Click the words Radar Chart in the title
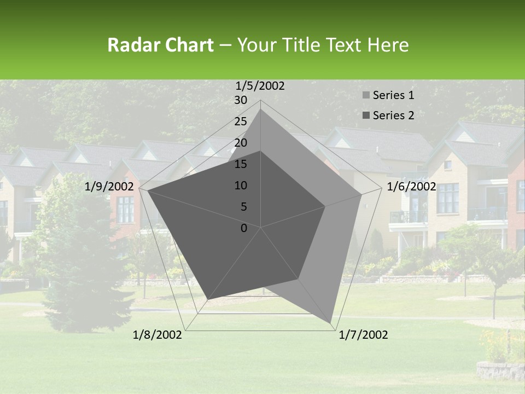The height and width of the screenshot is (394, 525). pyautogui.click(x=160, y=45)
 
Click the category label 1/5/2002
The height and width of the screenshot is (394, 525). pyautogui.click(x=260, y=85)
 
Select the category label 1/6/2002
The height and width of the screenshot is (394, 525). pyautogui.click(x=411, y=187)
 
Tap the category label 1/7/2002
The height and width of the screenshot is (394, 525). pyautogui.click(x=363, y=335)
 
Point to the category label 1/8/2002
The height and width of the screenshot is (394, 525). pyautogui.click(x=157, y=335)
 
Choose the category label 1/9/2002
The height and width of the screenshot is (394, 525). pyautogui.click(x=109, y=187)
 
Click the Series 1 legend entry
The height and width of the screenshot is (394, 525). pyautogui.click(x=393, y=95)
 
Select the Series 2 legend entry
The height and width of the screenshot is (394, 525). pyautogui.click(x=393, y=115)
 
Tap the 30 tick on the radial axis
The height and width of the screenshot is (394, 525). pyautogui.click(x=241, y=100)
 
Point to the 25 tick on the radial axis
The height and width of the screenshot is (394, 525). pyautogui.click(x=241, y=121)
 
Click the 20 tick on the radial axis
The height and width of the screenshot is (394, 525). pyautogui.click(x=241, y=143)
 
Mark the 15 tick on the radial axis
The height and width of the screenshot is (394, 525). pyautogui.click(x=241, y=164)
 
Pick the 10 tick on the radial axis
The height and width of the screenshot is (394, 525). pyautogui.click(x=241, y=186)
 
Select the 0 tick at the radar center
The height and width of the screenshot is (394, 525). pyautogui.click(x=244, y=228)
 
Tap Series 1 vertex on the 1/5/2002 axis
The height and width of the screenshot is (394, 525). pyautogui.click(x=261, y=109)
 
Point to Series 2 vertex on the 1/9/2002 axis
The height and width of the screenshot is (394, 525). pyautogui.click(x=148, y=190)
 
